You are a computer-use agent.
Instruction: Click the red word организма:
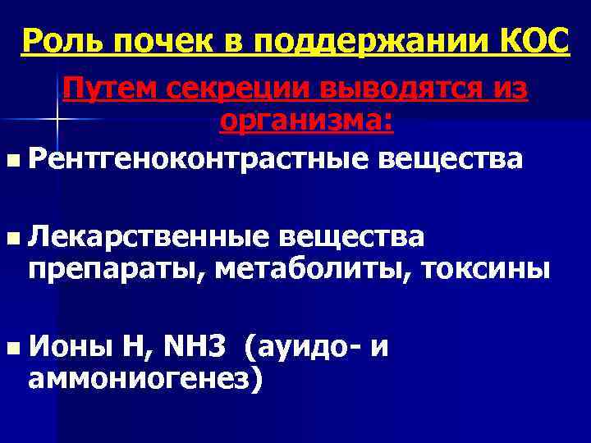[307, 122]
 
